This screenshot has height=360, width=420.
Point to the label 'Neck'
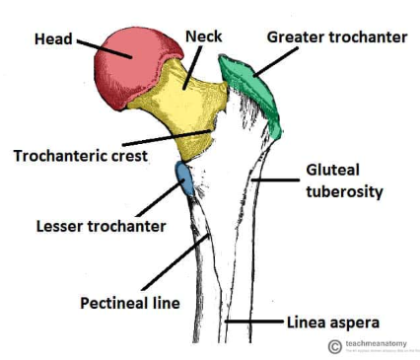(203, 37)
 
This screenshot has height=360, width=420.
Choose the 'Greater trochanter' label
(335, 37)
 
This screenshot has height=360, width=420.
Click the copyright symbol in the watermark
(335, 346)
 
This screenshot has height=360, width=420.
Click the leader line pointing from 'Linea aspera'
(255, 322)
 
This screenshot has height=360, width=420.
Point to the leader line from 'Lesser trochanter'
(153, 203)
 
